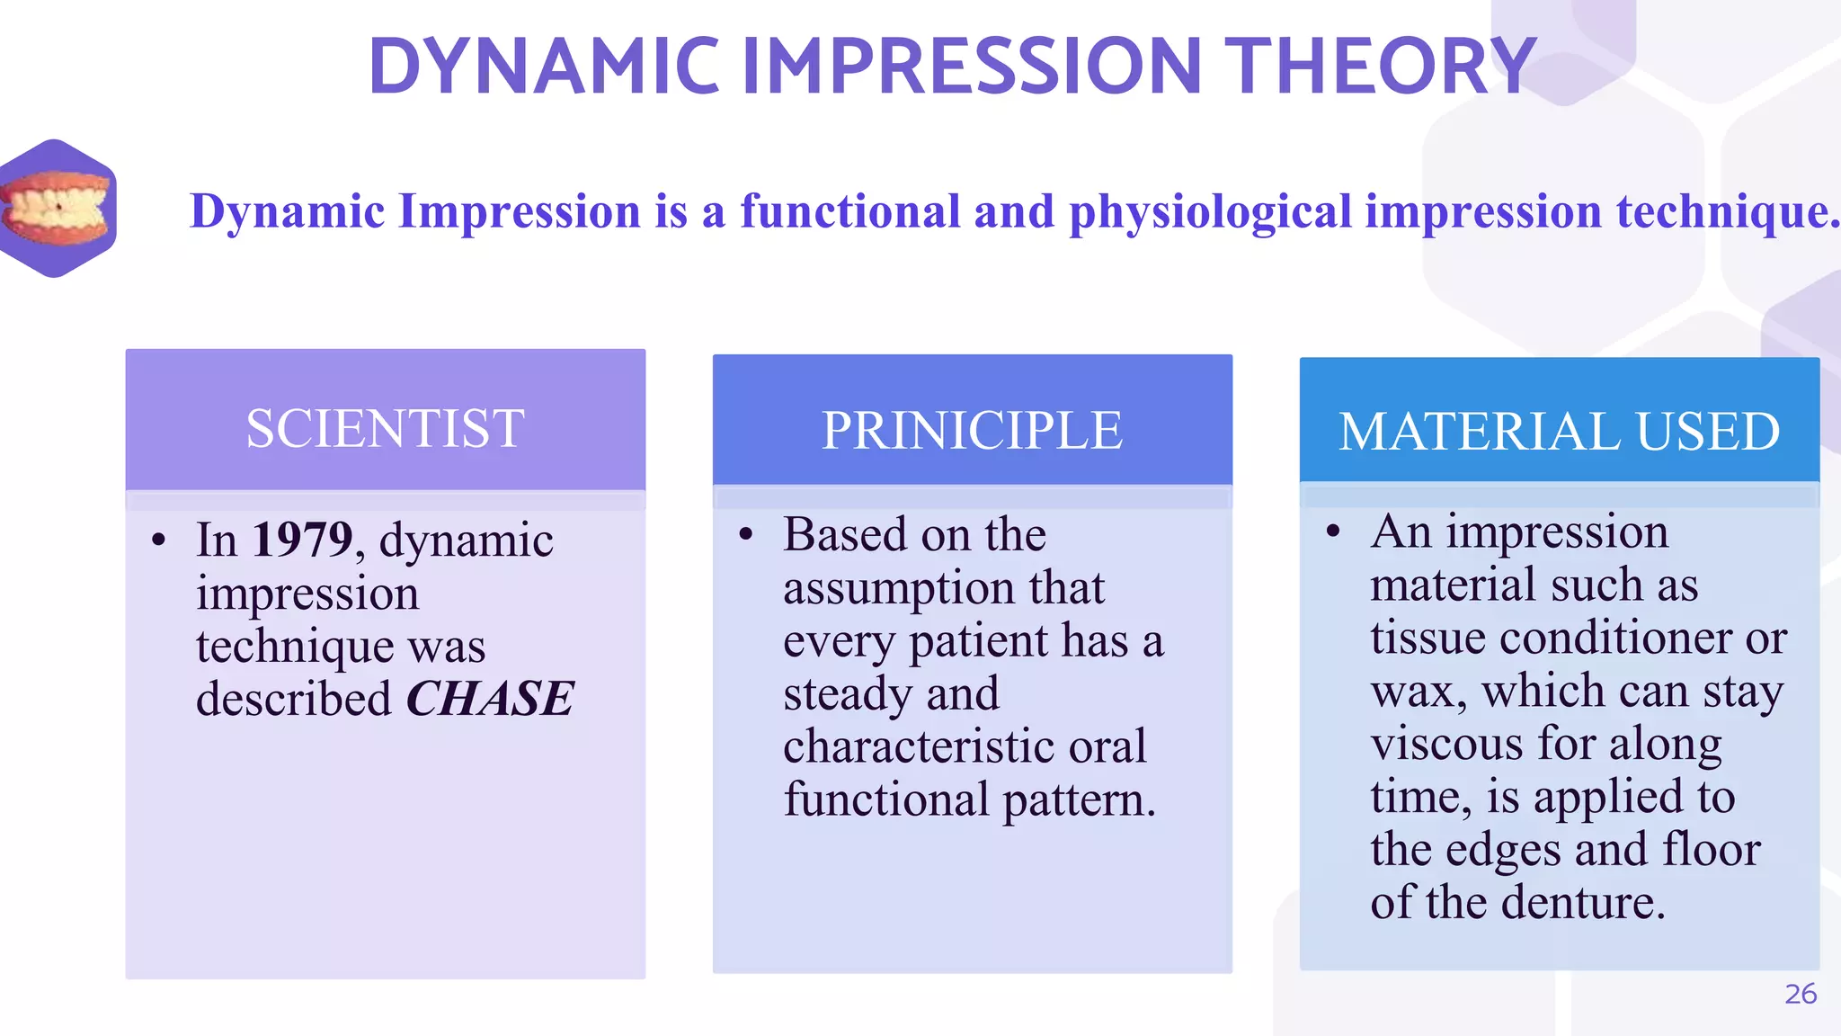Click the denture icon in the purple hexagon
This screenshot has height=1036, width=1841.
point(56,209)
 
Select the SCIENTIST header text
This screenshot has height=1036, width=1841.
point(385,429)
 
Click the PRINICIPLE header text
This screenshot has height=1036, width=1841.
point(972,431)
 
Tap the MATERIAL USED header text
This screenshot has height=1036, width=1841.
point(1559,432)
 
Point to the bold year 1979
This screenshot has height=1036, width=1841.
point(302,540)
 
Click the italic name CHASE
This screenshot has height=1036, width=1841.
point(490,700)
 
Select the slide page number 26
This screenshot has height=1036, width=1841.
point(1800,994)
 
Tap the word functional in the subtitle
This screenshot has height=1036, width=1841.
point(850,212)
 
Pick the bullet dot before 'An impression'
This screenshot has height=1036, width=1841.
point(1332,532)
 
